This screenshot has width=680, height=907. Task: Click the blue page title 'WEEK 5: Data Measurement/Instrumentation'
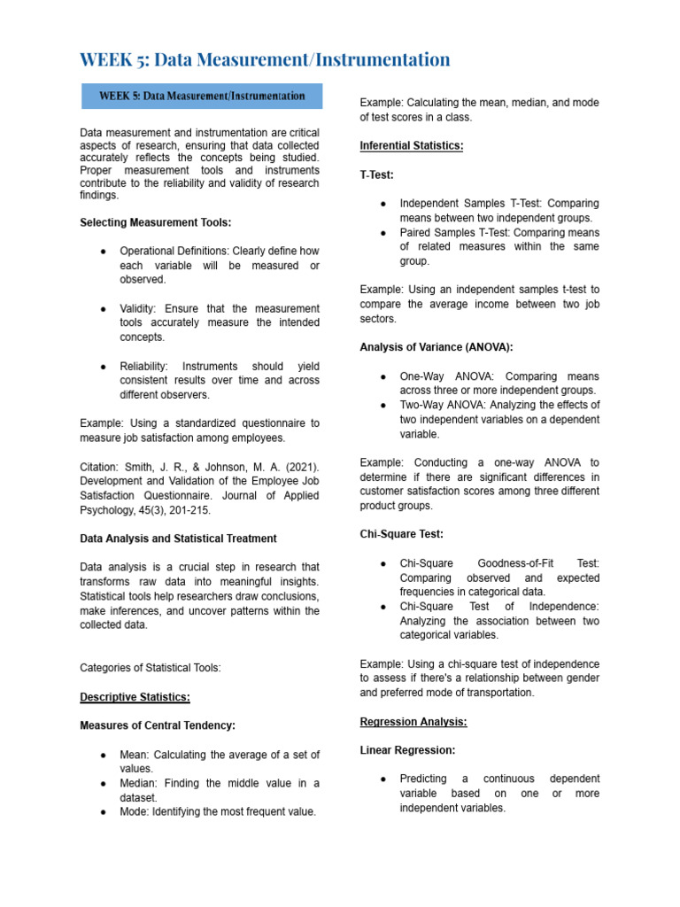tap(265, 59)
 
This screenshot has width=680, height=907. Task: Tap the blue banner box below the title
tap(202, 96)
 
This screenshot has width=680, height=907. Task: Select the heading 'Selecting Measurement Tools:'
tap(156, 222)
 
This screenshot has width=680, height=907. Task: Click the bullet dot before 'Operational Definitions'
tap(104, 251)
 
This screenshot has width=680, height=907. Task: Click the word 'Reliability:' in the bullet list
tap(147, 366)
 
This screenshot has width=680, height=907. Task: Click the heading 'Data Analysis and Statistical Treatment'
tap(178, 538)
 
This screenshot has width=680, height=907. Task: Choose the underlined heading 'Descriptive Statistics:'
tap(135, 696)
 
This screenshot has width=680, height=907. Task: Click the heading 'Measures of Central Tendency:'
tap(158, 725)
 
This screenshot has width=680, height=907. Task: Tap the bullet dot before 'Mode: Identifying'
tap(104, 811)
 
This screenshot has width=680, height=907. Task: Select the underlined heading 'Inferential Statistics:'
tap(411, 145)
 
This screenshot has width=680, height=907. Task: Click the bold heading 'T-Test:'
tap(377, 174)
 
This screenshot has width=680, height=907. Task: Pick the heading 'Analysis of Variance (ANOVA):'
tap(437, 347)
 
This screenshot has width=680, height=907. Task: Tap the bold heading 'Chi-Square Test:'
tap(401, 534)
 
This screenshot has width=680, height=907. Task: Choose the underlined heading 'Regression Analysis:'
tap(413, 721)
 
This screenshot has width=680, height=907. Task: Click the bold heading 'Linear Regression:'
tap(407, 750)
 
